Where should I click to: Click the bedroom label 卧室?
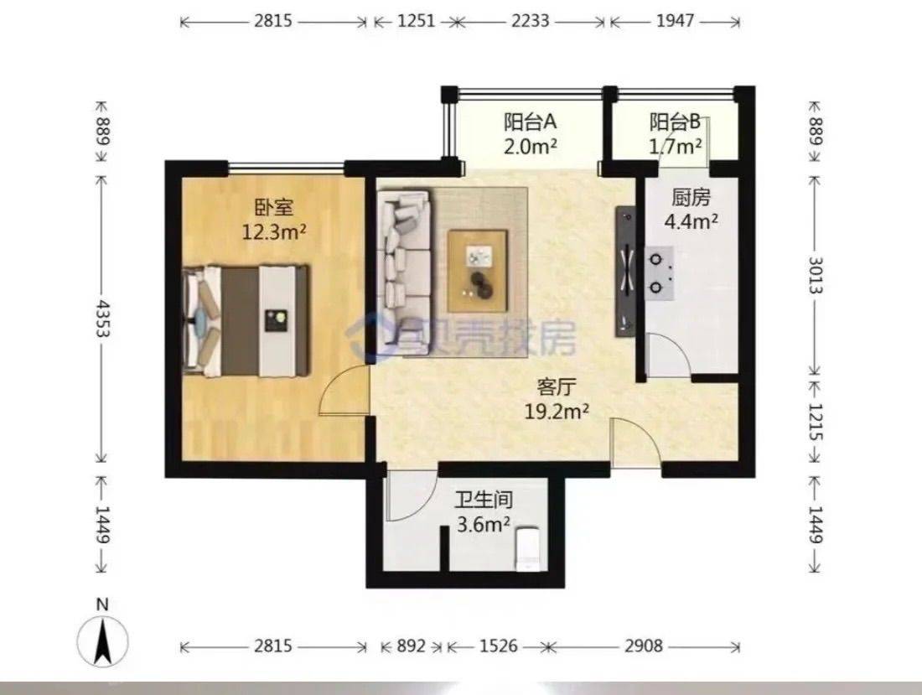[x=273, y=207]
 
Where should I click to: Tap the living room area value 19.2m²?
[x=557, y=412]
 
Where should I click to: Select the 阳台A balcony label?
[x=530, y=122]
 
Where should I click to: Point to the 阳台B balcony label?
[x=675, y=122]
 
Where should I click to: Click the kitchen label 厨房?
[x=691, y=198]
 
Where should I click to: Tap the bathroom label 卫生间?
[x=484, y=500]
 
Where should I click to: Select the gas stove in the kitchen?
[x=660, y=273]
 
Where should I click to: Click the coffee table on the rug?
[x=477, y=271]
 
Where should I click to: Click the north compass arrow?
[x=103, y=642]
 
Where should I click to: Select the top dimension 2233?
[x=530, y=21]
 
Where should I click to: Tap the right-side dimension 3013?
[x=816, y=275]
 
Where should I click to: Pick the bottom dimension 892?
[x=411, y=646]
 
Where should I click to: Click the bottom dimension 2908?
[x=643, y=646]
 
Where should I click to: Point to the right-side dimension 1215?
[x=816, y=422]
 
